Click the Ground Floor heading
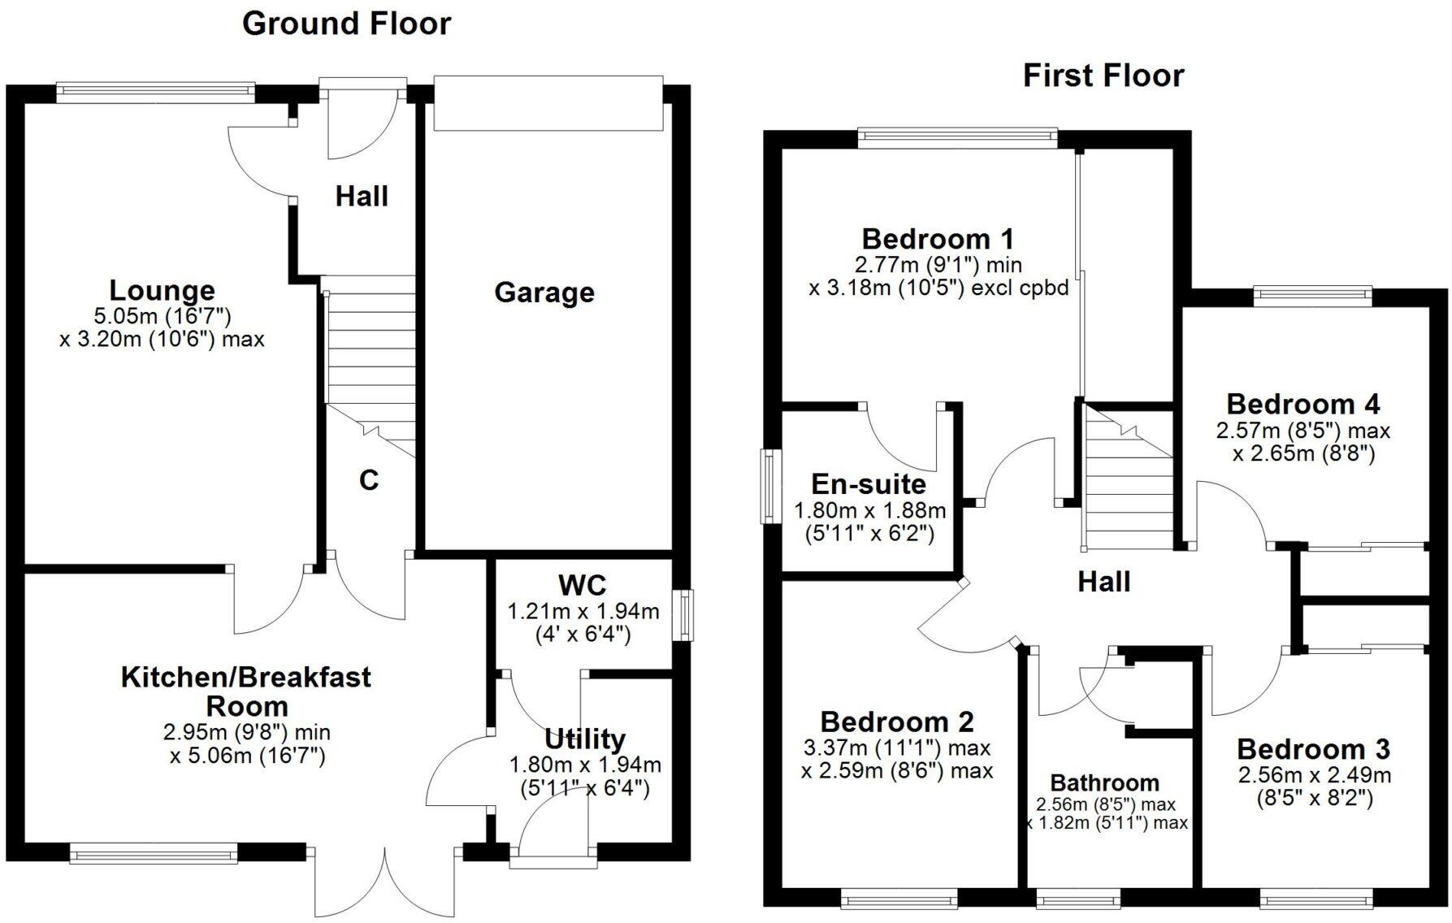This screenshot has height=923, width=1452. tap(346, 24)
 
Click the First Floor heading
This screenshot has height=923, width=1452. tap(1103, 76)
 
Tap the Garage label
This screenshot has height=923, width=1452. tap(544, 292)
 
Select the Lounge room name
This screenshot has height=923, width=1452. tap(162, 290)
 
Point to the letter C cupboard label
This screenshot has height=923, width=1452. tap(369, 480)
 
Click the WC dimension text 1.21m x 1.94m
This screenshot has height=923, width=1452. tap(583, 610)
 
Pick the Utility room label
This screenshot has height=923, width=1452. tap(584, 739)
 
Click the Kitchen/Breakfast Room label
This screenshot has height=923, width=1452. tap(246, 691)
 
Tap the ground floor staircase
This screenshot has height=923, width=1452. tap(370, 357)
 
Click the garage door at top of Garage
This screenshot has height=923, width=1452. tap(548, 102)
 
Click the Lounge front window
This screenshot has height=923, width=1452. tap(156, 92)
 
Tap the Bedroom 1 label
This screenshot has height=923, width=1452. tap(938, 239)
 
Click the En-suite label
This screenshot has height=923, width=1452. tap(869, 484)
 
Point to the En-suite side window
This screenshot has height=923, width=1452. tap(768, 487)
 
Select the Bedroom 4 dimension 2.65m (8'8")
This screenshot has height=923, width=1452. tap(1303, 453)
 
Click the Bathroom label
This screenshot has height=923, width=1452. tap(1104, 782)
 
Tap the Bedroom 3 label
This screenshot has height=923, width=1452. tap(1313, 748)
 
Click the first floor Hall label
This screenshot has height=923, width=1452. tap(1103, 581)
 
